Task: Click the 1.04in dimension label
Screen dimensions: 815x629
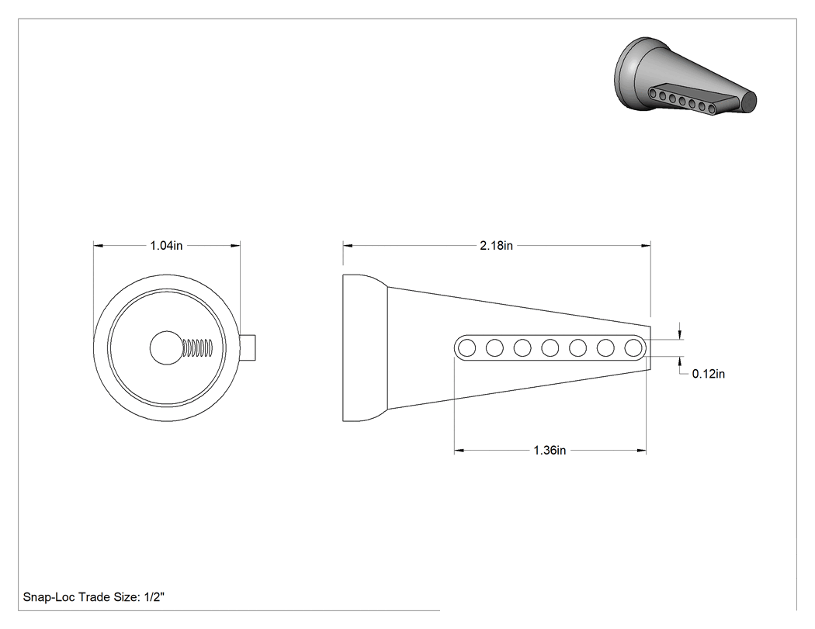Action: coord(166,246)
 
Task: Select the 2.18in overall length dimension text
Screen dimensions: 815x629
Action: coord(497,246)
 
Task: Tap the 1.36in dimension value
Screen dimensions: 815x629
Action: coord(550,451)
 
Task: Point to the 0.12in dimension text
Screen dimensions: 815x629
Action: coord(709,374)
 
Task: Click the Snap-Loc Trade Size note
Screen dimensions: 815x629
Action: coord(94,597)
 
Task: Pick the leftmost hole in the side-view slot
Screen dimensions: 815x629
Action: coord(466,347)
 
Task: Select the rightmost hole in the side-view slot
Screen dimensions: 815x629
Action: coord(633,347)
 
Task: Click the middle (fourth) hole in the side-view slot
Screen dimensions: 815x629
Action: coord(550,347)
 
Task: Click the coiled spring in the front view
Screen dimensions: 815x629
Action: coord(198,348)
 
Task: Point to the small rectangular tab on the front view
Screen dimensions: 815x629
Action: coord(248,347)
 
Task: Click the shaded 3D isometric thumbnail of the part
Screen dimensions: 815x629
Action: coord(685,74)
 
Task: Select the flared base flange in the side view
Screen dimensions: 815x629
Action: coord(365,347)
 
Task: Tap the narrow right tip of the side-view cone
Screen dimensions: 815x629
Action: coord(650,347)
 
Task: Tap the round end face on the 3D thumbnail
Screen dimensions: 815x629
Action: coord(748,102)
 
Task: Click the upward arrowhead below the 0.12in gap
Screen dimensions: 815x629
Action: coord(679,361)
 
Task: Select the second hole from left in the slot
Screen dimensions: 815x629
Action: coord(494,347)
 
